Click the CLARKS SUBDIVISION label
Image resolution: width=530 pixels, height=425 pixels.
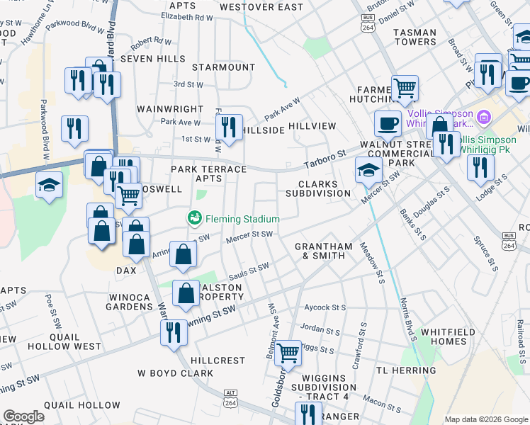click(318, 188)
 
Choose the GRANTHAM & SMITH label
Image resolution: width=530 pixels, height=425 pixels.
click(323, 251)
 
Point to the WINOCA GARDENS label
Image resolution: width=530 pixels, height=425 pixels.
click(130, 302)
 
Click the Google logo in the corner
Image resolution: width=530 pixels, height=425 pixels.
click(23, 416)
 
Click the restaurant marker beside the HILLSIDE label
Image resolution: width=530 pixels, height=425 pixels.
click(228, 127)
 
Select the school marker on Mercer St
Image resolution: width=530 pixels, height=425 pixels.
click(368, 170)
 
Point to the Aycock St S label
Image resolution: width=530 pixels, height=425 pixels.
click(325, 307)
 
